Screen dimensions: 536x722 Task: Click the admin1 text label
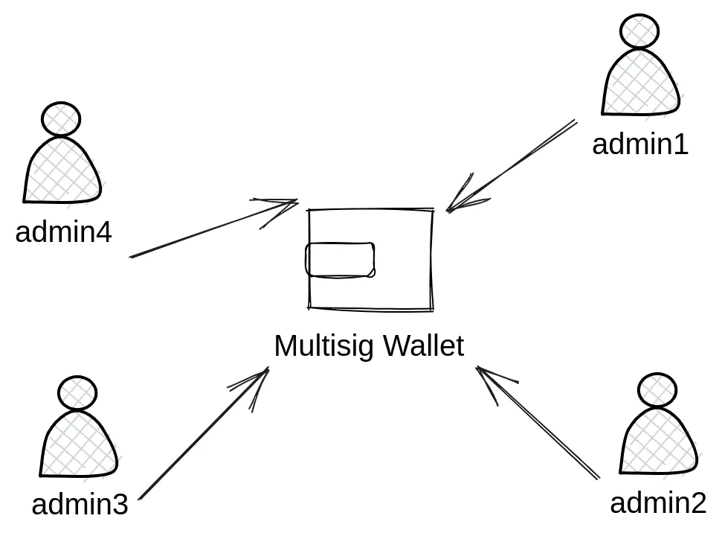(x=639, y=144)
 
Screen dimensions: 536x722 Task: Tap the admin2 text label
(x=657, y=503)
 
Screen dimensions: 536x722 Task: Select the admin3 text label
(x=80, y=505)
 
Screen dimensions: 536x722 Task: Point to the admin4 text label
(x=63, y=232)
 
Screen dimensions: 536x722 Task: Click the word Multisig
(x=323, y=346)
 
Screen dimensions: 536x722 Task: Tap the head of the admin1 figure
(x=639, y=31)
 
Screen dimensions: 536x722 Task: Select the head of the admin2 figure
(x=657, y=390)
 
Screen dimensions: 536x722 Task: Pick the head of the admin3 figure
(x=77, y=392)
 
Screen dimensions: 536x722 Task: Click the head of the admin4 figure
(x=61, y=119)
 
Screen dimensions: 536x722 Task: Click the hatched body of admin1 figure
(x=640, y=86)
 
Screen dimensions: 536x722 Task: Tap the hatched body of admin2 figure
(x=659, y=444)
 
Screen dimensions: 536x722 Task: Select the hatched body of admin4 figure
(x=62, y=173)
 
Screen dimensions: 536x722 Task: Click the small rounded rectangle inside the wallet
(x=340, y=260)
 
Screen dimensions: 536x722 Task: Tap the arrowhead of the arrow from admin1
(x=451, y=209)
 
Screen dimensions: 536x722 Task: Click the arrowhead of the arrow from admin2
(x=480, y=370)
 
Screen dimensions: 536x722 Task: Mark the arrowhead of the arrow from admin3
(x=265, y=371)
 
